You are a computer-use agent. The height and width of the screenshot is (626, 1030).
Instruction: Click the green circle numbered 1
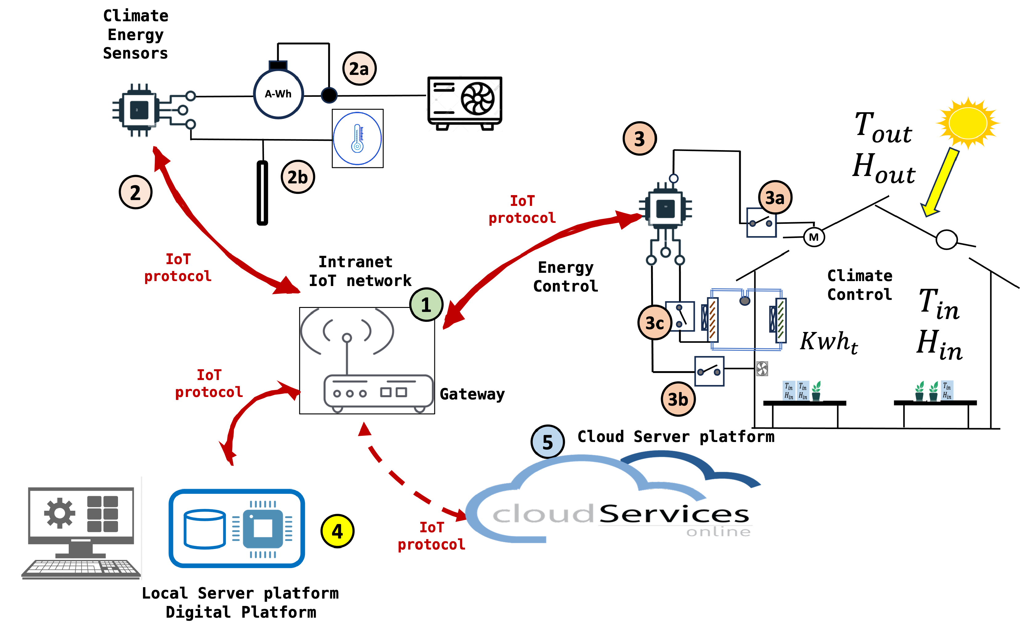426,305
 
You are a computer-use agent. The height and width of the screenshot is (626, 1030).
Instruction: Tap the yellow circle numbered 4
337,531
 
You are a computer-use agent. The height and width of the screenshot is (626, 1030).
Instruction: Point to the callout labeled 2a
359,69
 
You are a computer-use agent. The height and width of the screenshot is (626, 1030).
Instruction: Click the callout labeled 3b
678,399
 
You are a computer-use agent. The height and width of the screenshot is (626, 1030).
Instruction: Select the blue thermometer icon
357,138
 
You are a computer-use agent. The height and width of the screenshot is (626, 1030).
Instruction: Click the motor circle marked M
813,238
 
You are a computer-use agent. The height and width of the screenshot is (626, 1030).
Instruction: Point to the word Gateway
472,394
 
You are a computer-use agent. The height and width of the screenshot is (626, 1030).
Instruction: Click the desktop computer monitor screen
81,515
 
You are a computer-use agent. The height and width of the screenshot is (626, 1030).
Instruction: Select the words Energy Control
565,276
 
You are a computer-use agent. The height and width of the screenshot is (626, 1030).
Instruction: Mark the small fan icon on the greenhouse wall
762,368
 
